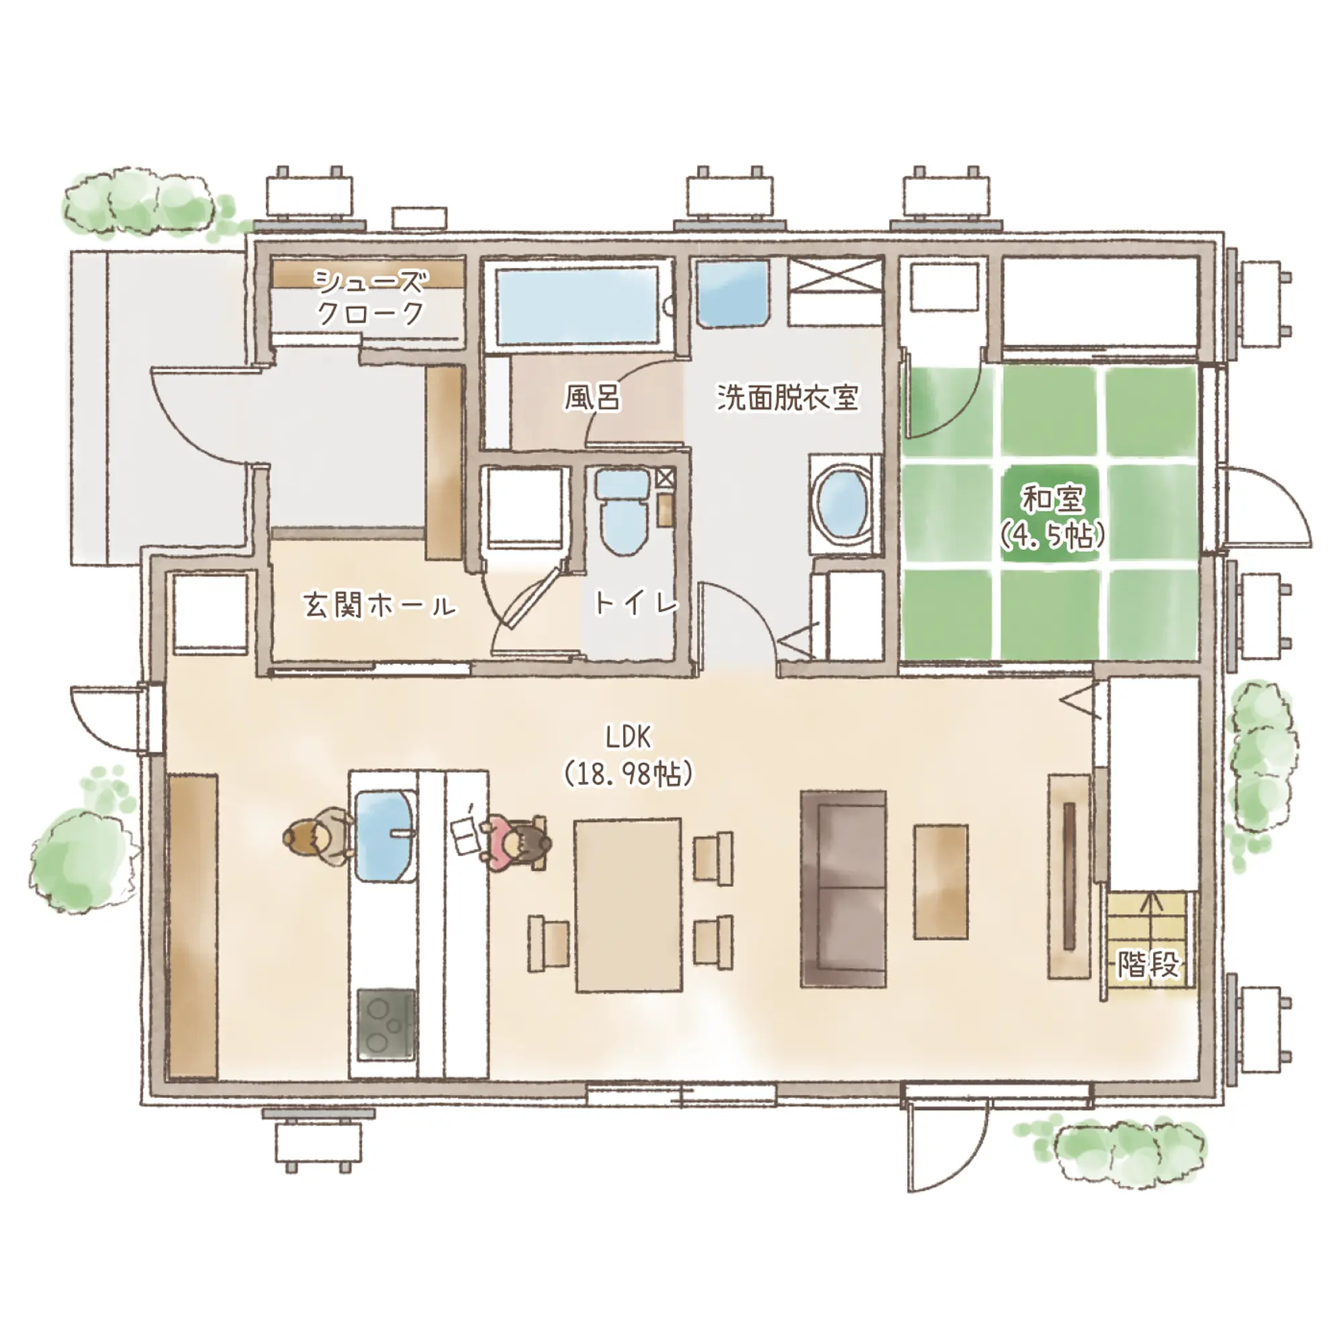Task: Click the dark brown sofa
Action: [x=844, y=888]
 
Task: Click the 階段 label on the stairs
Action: [x=1148, y=964]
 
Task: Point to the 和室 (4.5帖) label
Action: [x=1052, y=517]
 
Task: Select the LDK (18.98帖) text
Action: [x=629, y=755]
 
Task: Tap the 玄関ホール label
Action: [x=379, y=606]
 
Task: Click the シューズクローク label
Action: [x=370, y=297]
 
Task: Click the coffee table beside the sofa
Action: [x=941, y=881]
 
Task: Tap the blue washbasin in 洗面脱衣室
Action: [x=733, y=293]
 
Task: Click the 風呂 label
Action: [x=592, y=398]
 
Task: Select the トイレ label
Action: [x=635, y=603]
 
